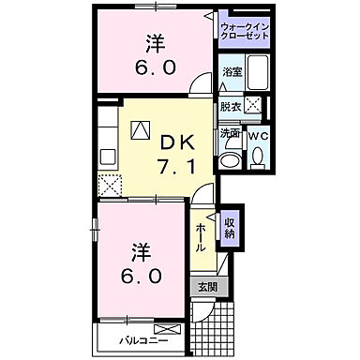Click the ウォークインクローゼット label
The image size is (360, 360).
[x=244, y=29]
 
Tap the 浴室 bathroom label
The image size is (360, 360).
[x=231, y=72]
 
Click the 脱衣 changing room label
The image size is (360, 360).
[x=231, y=106]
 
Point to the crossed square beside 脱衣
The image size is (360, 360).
[x=253, y=105]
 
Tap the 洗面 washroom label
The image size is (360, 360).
[x=231, y=133]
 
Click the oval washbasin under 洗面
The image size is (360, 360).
[x=230, y=158]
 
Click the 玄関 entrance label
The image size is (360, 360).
[x=204, y=287]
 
